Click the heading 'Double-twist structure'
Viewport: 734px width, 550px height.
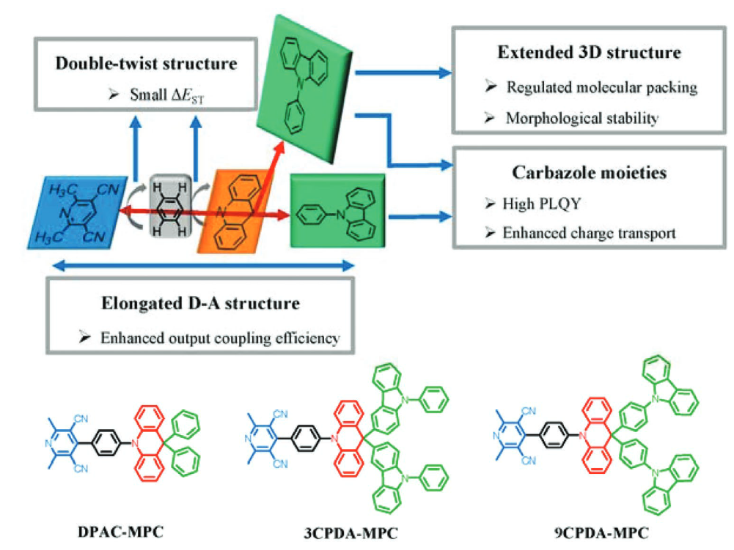146,63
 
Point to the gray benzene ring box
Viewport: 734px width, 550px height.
170,206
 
